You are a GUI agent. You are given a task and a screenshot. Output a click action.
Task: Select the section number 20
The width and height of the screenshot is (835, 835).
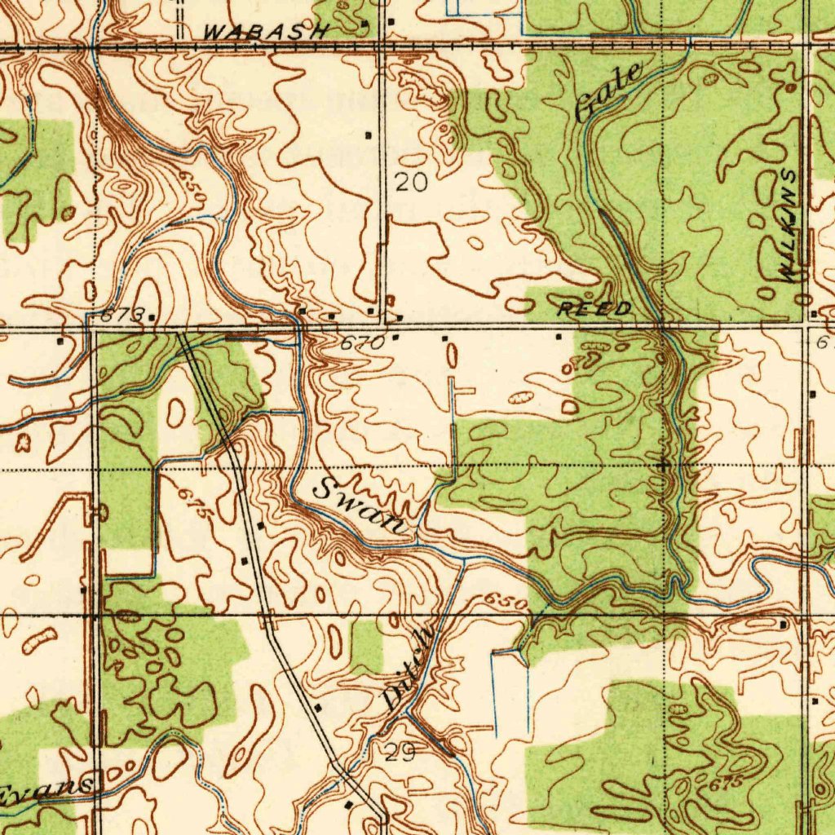click(411, 183)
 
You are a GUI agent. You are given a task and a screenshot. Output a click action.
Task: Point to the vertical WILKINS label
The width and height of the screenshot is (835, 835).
click(789, 227)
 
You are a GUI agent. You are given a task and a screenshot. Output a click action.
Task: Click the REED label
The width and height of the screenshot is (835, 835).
click(594, 309)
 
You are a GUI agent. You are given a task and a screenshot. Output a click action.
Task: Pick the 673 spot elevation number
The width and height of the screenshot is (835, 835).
click(123, 314)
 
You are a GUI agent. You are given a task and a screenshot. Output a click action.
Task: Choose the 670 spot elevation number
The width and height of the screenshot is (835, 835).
click(361, 343)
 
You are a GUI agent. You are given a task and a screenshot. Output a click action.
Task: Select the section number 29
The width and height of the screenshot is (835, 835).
click(399, 753)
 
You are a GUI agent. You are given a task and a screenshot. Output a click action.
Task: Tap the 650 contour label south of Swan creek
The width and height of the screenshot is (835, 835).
click(506, 602)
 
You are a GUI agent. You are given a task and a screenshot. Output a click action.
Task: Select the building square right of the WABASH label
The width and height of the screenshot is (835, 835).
click(391, 20)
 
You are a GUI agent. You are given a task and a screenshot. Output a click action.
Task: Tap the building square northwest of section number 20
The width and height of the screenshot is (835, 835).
click(369, 134)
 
